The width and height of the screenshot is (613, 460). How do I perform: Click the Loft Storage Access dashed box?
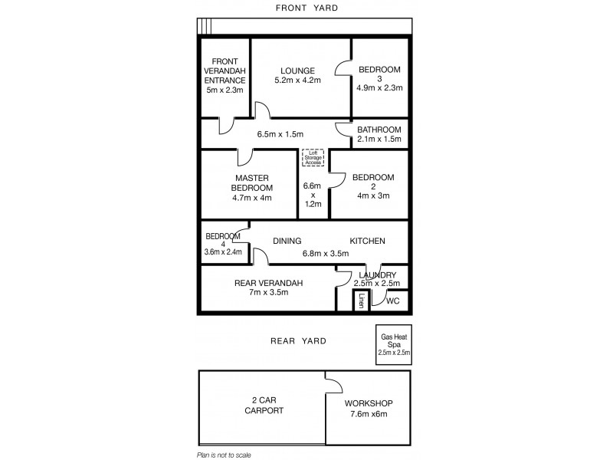[313, 158]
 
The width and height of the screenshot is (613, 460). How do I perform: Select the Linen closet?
[360, 301]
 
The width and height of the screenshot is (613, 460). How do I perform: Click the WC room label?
[393, 301]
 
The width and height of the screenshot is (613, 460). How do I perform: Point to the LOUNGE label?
[298, 71]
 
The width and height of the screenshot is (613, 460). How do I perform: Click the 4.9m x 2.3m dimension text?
[379, 88]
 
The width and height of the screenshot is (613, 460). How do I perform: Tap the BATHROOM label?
[379, 130]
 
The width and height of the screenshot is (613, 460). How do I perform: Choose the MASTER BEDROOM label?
[252, 182]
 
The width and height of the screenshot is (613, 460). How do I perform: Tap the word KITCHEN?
[367, 241]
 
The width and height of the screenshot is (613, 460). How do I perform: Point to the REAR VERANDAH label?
[268, 283]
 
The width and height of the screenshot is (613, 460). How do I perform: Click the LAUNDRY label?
[375, 275]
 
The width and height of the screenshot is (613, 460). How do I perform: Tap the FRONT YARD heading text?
[306, 8]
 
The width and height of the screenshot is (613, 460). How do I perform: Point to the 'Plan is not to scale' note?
[224, 455]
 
